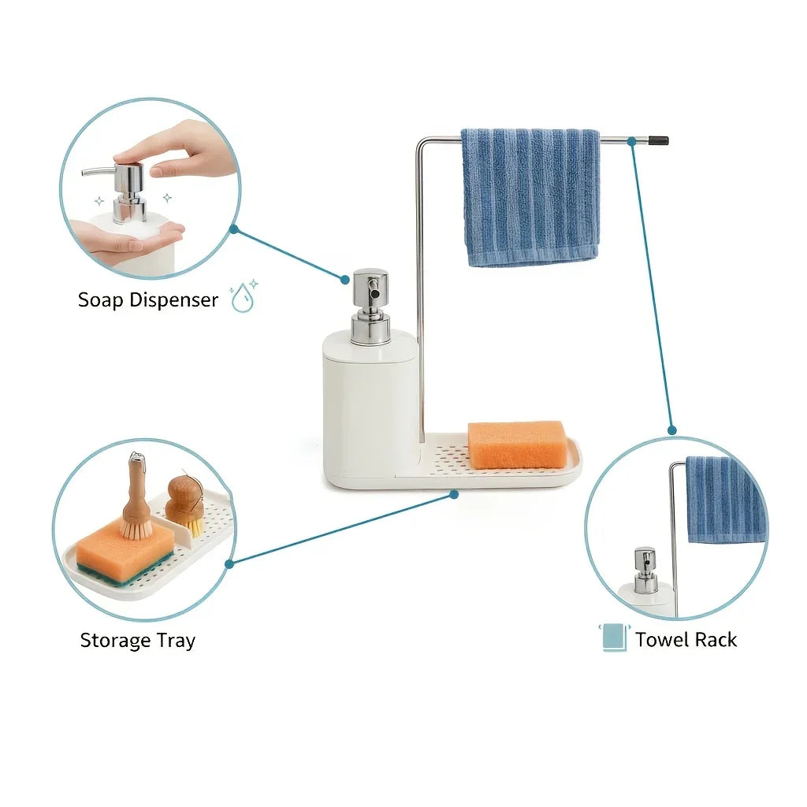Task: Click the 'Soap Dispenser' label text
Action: [x=147, y=300]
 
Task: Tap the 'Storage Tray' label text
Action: [x=137, y=641]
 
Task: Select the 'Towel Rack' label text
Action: [x=686, y=640]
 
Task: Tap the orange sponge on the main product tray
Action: [x=517, y=444]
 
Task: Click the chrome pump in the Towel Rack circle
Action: [x=645, y=571]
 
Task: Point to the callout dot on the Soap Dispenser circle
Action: [x=233, y=229]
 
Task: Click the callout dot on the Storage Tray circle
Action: [x=229, y=563]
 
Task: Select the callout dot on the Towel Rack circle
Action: [x=671, y=430]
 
